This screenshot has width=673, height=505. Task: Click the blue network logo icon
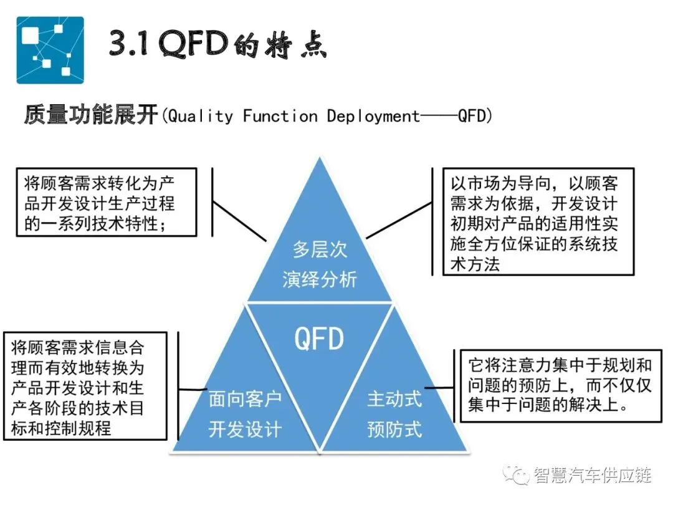coord(50,50)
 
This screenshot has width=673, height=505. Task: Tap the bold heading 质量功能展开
coord(90,115)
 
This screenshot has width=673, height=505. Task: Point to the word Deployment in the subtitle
coord(373,116)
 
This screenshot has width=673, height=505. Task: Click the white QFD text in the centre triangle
coord(319,339)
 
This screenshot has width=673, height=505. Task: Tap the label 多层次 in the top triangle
coord(320,250)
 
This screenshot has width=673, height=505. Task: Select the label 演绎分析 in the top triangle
coord(320,279)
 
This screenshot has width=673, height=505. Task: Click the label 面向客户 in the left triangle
coord(245,399)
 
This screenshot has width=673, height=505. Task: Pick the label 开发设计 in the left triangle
coord(245,429)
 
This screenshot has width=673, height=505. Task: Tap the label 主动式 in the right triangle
coord(394,399)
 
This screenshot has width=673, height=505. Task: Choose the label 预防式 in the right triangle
coord(394,429)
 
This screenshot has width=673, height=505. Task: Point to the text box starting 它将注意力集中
coord(560,385)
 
